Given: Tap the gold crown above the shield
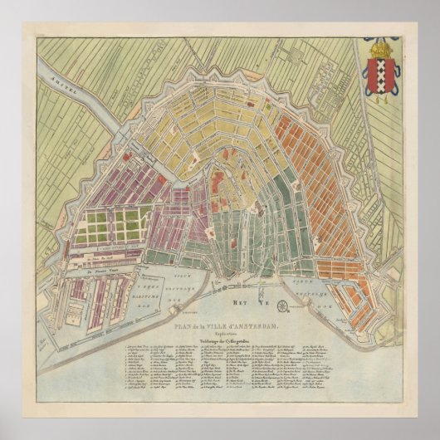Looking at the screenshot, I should (x=381, y=49).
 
